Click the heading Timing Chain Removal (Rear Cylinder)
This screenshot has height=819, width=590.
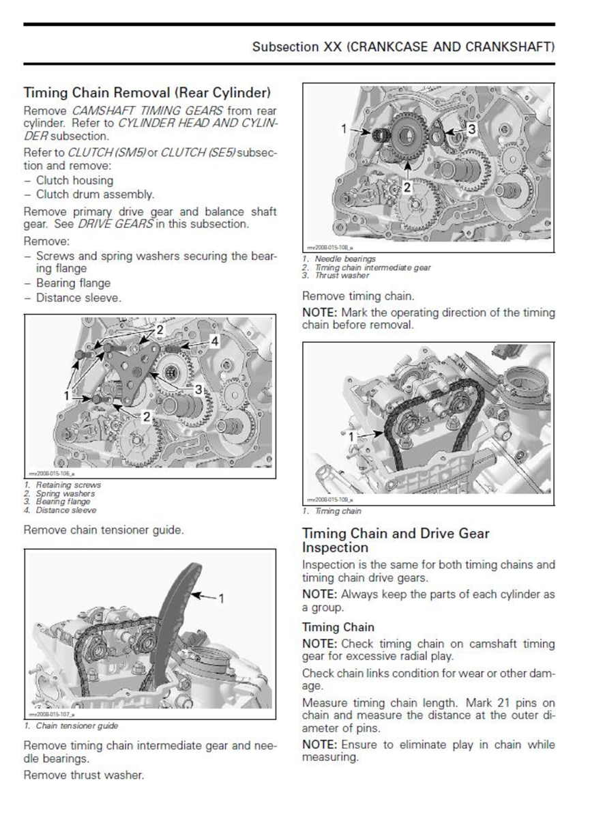coord(147,91)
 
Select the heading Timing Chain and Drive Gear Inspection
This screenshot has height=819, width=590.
coord(396,540)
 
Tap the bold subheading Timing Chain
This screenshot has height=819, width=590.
coord(338,627)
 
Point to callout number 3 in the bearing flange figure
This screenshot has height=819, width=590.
coord(198,390)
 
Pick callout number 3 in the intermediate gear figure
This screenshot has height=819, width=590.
coord(471,127)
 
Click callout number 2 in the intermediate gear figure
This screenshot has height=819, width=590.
coord(407,186)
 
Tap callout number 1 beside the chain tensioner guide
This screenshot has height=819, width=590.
coord(221,598)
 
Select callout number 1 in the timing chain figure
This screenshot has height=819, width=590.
coord(351,435)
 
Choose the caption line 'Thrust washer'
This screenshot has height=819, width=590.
coord(342,276)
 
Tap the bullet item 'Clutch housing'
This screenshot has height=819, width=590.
coord(74,180)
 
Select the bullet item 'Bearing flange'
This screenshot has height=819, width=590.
coord(73,283)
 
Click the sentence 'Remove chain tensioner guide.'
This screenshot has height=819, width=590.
coord(103,529)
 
